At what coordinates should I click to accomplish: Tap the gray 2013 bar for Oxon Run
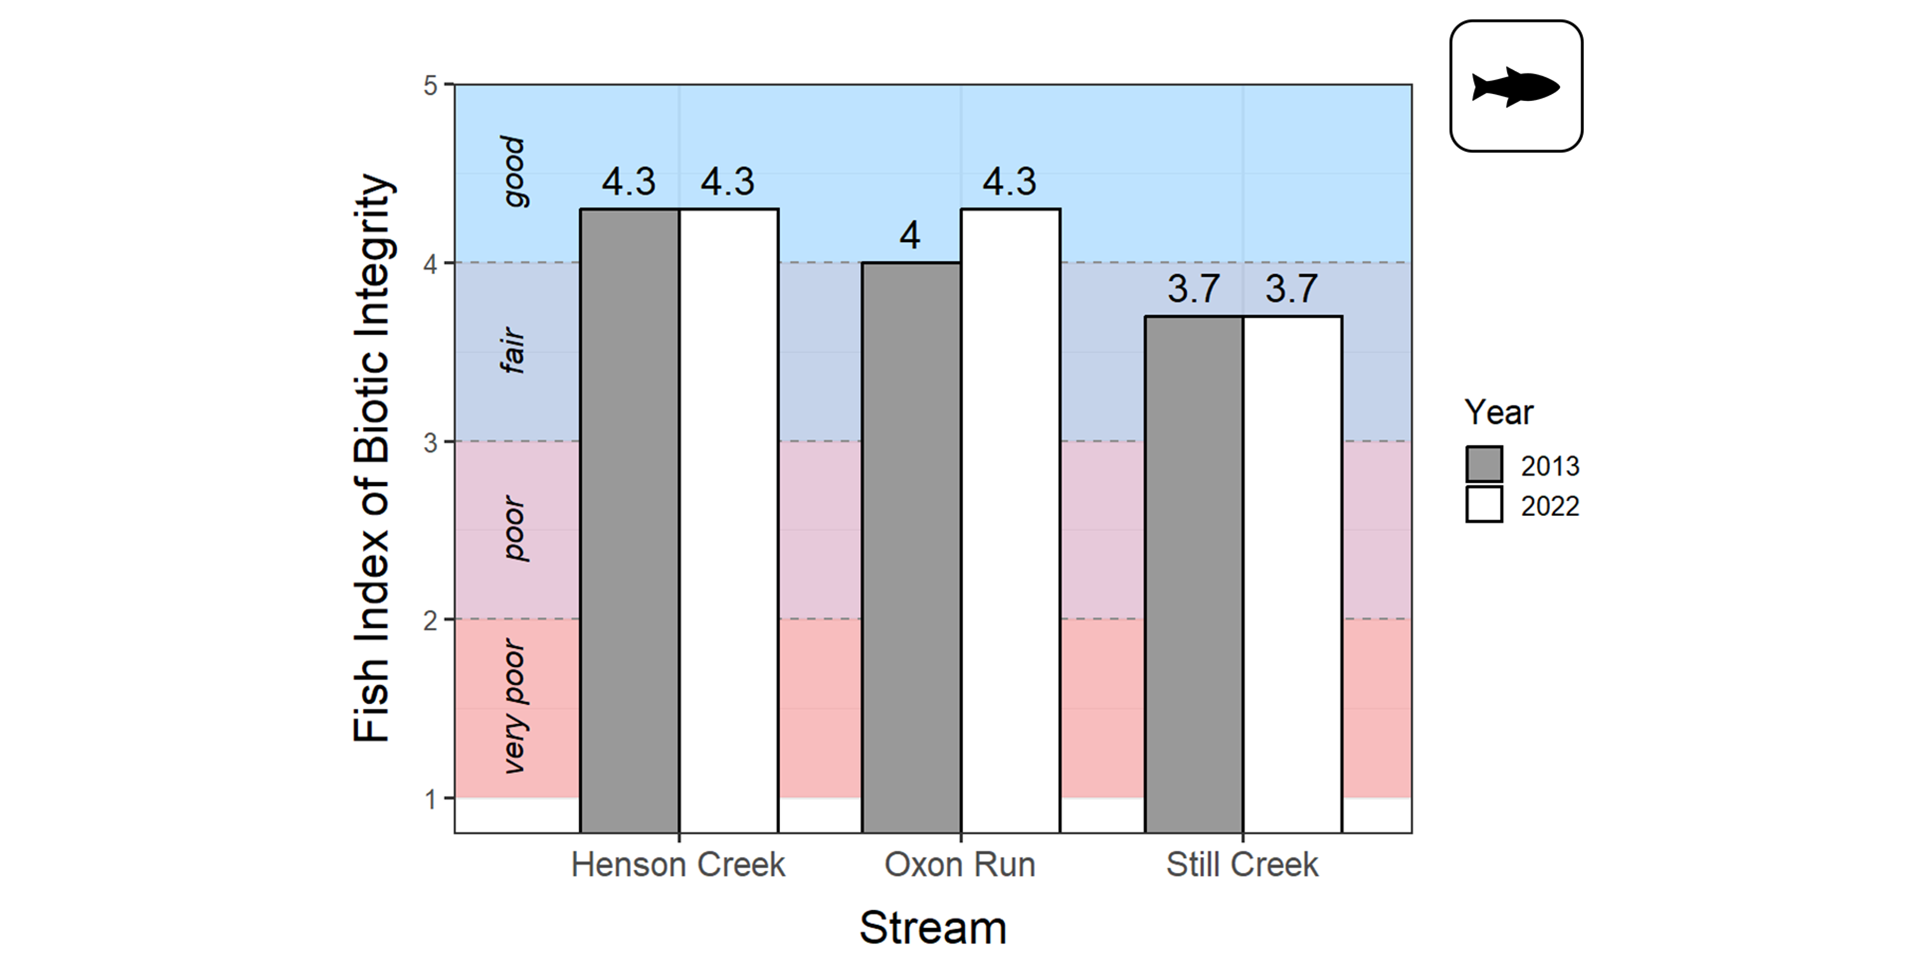tap(911, 547)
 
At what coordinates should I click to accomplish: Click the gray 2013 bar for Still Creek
tap(1194, 574)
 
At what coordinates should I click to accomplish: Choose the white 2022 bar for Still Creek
tap(1292, 574)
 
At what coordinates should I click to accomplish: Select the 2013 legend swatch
tap(1484, 465)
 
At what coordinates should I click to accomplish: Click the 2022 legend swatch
tap(1484, 505)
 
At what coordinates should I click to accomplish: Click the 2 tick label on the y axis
tap(430, 620)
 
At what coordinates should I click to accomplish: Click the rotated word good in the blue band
tap(514, 171)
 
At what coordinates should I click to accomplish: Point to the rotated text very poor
tap(514, 706)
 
